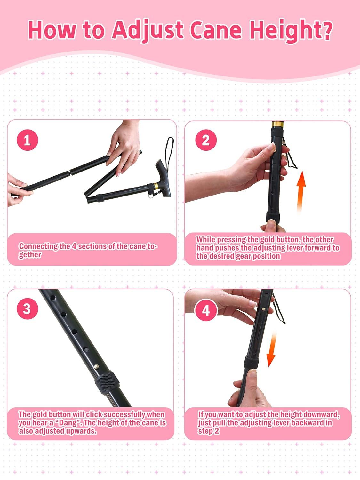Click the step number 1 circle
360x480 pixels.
click(x=27, y=140)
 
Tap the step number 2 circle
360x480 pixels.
click(x=206, y=140)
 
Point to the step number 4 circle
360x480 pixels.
click(x=206, y=310)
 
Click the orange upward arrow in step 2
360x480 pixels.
click(x=301, y=192)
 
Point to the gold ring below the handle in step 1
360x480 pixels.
click(x=156, y=186)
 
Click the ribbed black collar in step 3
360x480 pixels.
click(x=107, y=383)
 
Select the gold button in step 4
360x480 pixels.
click(x=263, y=309)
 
